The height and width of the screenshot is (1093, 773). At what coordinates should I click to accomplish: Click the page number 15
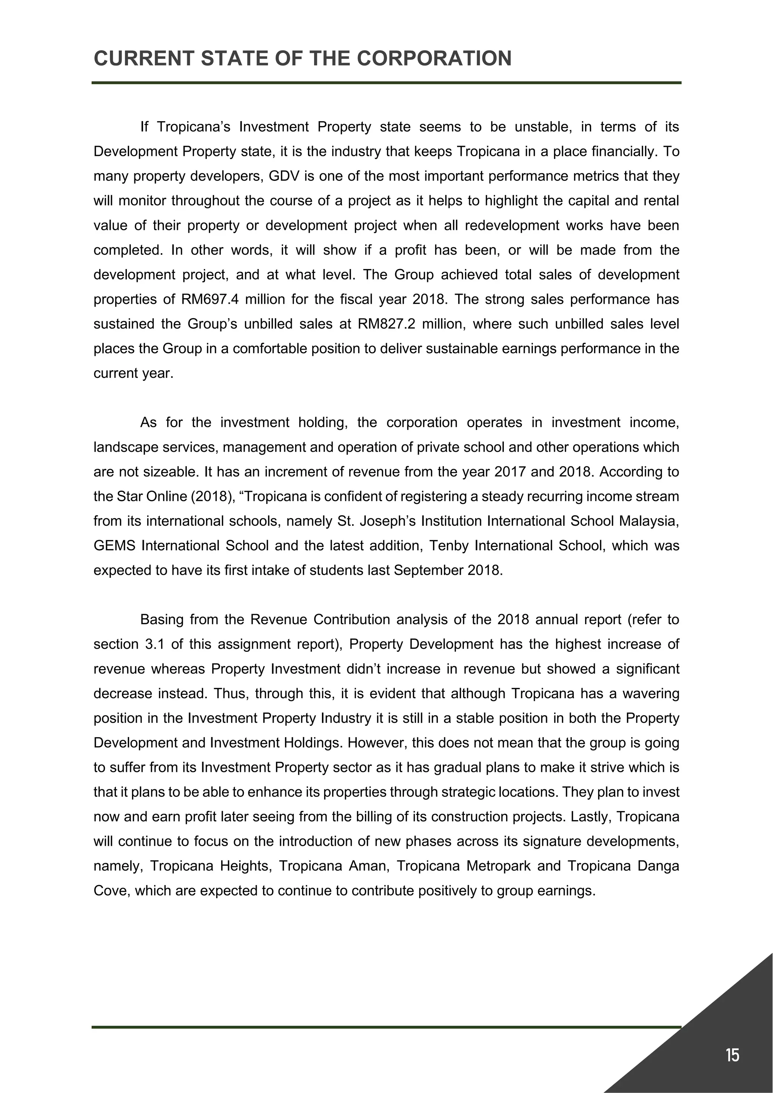(733, 1055)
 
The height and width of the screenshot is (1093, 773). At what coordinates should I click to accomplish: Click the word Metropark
(498, 866)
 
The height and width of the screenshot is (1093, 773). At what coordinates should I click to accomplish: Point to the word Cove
(111, 891)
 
